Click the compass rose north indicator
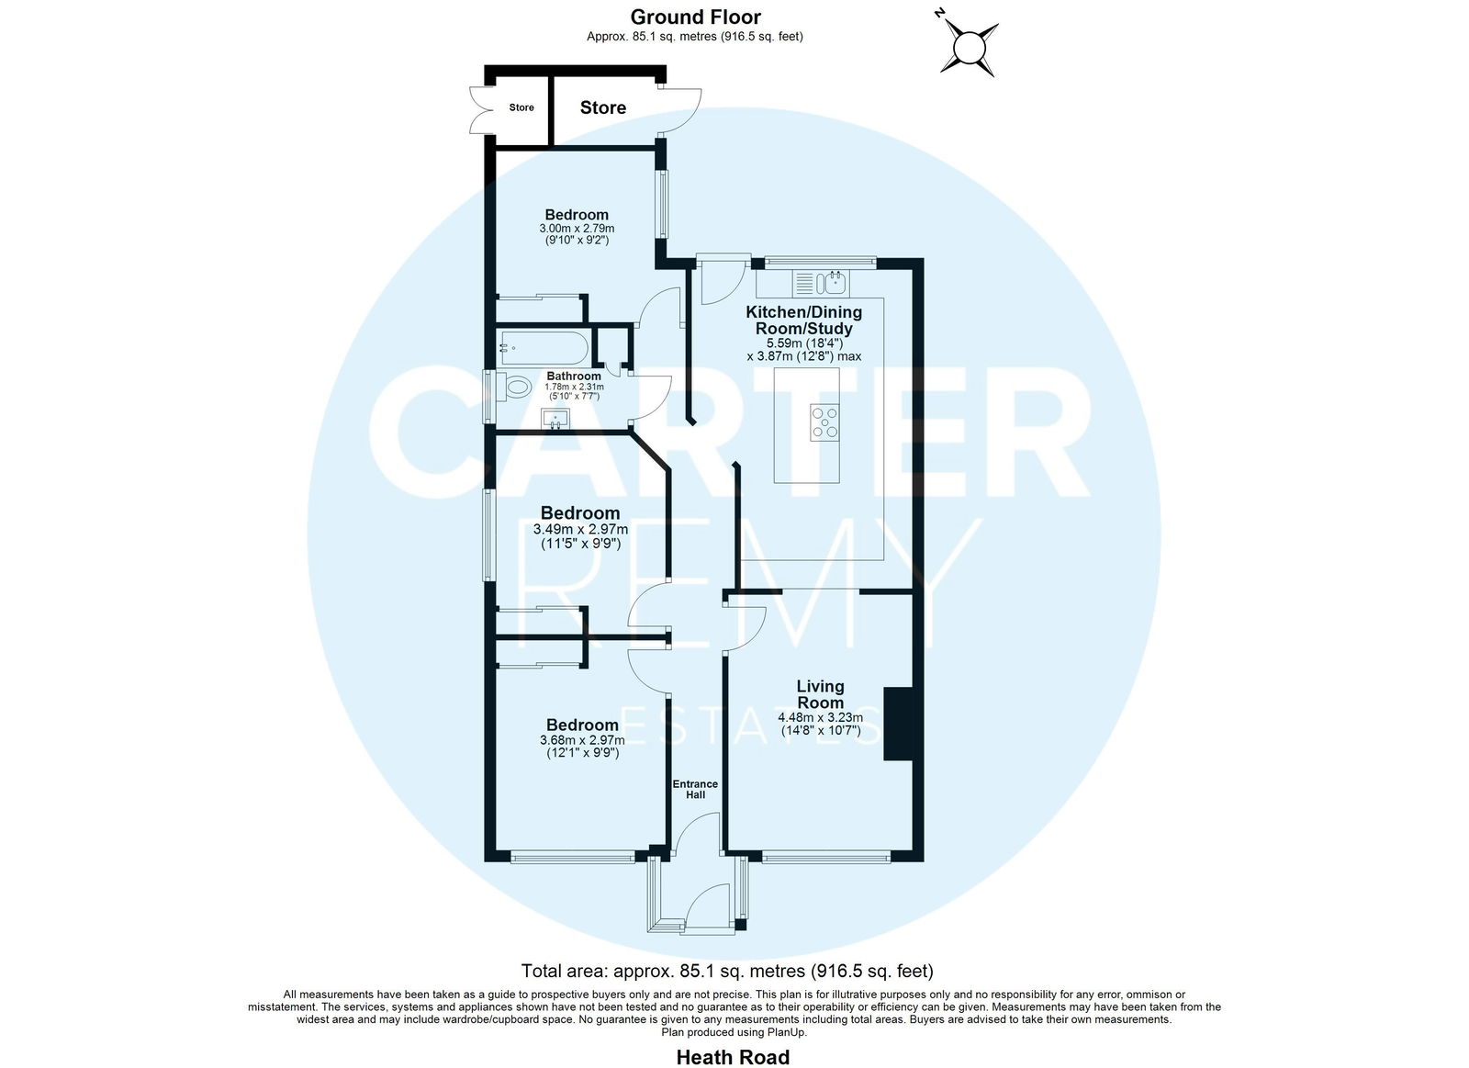click(940, 13)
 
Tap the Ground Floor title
click(696, 17)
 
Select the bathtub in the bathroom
click(544, 348)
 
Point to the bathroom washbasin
click(555, 418)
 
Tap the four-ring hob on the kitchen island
click(824, 422)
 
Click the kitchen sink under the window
click(821, 284)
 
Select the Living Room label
click(821, 694)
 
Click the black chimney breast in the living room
click(899, 724)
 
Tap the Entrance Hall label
click(695, 789)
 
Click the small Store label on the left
click(521, 107)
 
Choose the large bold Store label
click(602, 107)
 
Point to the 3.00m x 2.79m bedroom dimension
click(578, 229)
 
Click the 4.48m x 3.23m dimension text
click(821, 718)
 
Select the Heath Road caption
click(734, 1057)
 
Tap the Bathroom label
click(574, 376)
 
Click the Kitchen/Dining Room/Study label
click(804, 320)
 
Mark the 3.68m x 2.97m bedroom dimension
click(582, 740)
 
